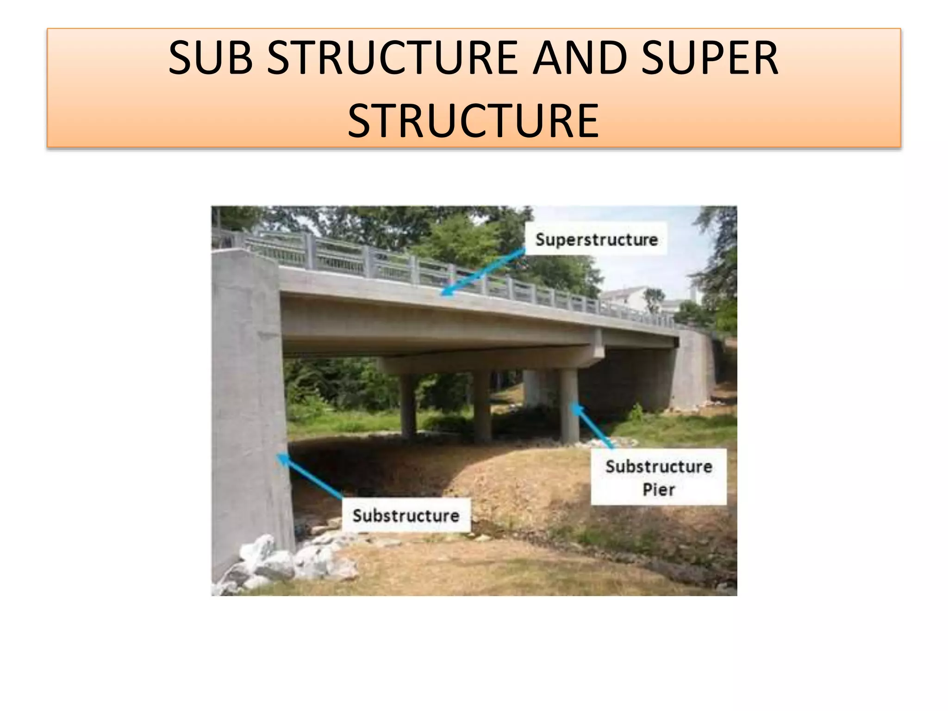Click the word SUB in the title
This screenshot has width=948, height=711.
point(211,58)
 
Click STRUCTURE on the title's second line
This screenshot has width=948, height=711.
point(474,121)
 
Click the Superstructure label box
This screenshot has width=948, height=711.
point(596,239)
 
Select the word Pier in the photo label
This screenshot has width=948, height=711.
point(659,489)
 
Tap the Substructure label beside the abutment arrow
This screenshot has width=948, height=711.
point(406,515)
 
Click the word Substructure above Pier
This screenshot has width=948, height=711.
point(659,466)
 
